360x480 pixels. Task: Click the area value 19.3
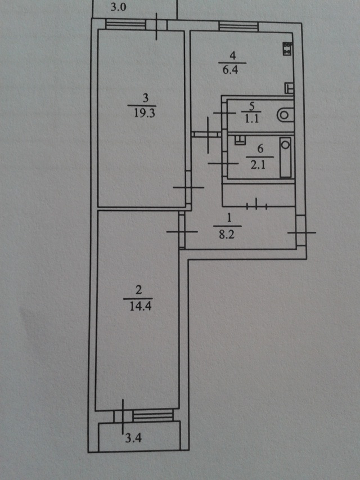[x=144, y=113]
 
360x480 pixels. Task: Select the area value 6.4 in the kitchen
[x=230, y=70]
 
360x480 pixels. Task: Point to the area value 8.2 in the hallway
[x=227, y=235]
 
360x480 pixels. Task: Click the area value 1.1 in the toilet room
[x=251, y=118]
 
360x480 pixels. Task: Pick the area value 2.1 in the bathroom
[x=258, y=165]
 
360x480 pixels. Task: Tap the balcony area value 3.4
[x=133, y=438]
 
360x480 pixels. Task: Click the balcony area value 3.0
[x=118, y=7]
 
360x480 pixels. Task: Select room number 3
[x=146, y=98]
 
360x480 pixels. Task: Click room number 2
[x=139, y=290]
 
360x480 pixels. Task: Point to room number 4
[x=233, y=56]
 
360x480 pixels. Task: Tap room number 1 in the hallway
[x=229, y=218]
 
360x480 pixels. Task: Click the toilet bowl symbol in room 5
[x=285, y=115]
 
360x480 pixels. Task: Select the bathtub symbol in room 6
[x=286, y=157]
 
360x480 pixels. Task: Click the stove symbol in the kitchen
[x=287, y=49]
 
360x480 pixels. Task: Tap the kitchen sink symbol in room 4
[x=289, y=88]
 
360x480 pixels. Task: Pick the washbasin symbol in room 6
[x=240, y=140]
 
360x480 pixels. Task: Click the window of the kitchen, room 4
[x=238, y=26]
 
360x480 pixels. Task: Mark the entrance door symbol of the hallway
[x=301, y=232]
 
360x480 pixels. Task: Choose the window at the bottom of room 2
[x=153, y=416]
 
